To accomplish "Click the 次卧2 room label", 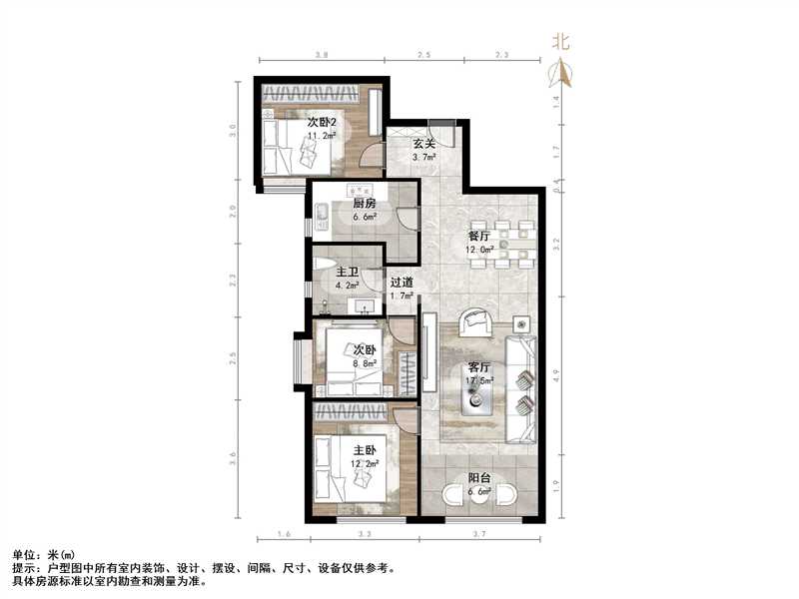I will (321, 122).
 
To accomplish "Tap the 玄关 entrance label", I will (423, 143).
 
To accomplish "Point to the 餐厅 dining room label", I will (481, 238).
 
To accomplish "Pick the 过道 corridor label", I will (401, 283).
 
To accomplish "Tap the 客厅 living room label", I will (482, 365).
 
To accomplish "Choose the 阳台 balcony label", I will (481, 477).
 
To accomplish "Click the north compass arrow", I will (561, 71).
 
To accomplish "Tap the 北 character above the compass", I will (561, 42).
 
